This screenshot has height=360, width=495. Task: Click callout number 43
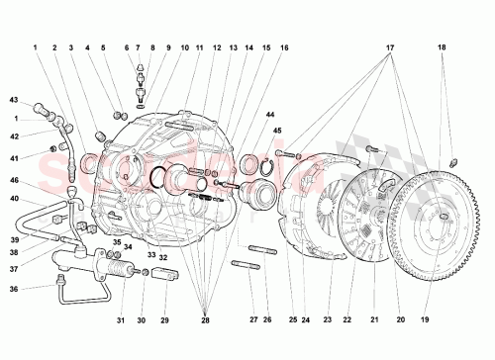click(x=14, y=101)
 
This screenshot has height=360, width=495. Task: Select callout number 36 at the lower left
click(x=14, y=289)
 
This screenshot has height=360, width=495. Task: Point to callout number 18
click(x=442, y=46)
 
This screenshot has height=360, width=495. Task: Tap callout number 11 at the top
click(x=199, y=46)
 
